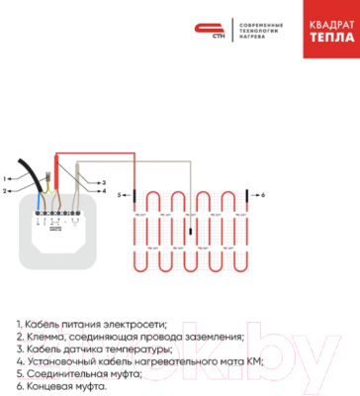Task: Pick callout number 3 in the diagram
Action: (102, 183)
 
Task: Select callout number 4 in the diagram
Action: (102, 191)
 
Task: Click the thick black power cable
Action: (39, 175)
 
